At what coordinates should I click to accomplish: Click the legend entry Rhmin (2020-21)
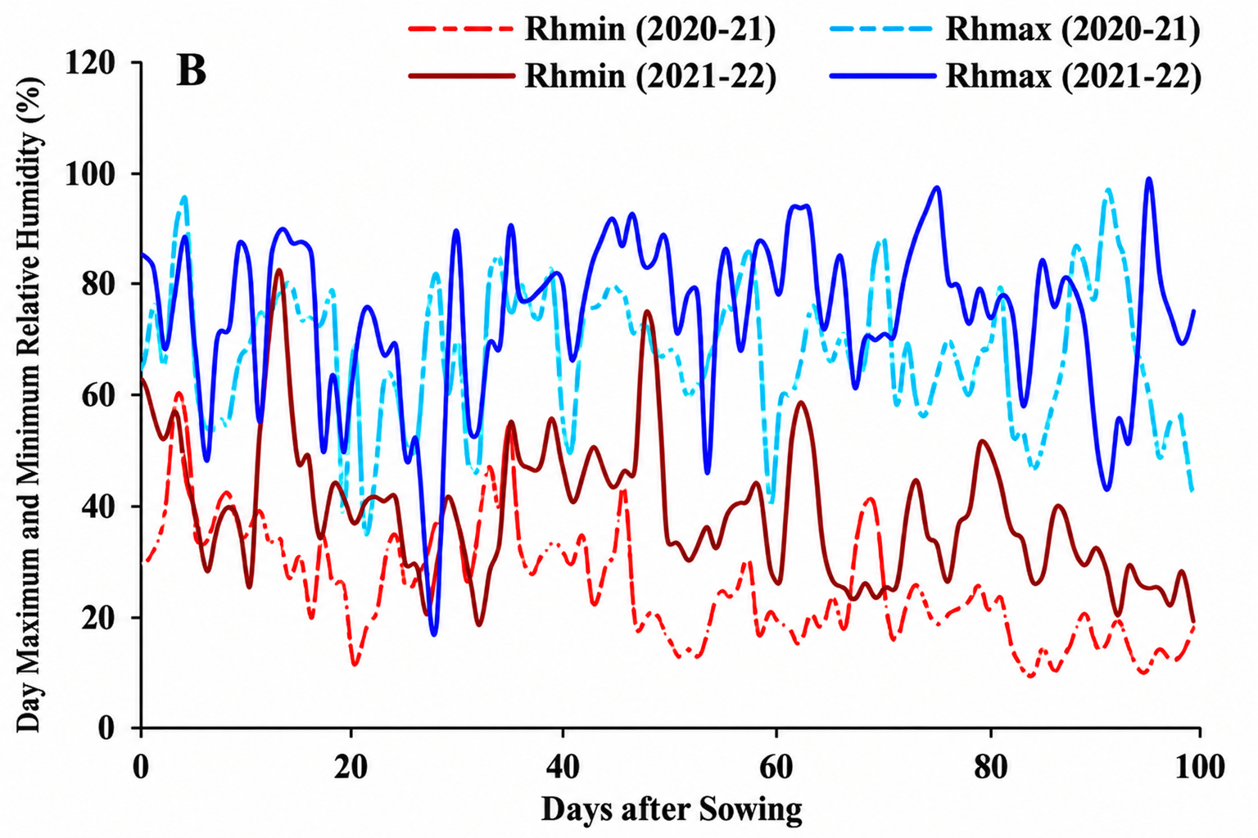pyautogui.click(x=592, y=29)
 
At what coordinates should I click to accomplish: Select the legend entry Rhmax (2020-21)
pyautogui.click(x=1016, y=29)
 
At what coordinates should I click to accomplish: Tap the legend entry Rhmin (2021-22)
pyautogui.click(x=592, y=75)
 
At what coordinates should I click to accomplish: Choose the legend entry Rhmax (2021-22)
pyautogui.click(x=1016, y=75)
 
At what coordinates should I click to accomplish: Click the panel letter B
pyautogui.click(x=191, y=72)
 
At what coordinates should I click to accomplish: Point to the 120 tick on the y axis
pyautogui.click(x=90, y=62)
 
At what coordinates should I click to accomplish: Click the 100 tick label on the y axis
pyautogui.click(x=90, y=173)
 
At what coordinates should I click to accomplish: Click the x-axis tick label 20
pyautogui.click(x=351, y=768)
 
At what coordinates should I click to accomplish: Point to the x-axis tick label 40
pyautogui.click(x=563, y=768)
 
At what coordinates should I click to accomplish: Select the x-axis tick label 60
pyautogui.click(x=776, y=768)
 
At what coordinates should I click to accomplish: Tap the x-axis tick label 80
pyautogui.click(x=991, y=768)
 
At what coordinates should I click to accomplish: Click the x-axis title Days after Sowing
pyautogui.click(x=672, y=810)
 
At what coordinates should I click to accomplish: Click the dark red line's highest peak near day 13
pyautogui.click(x=279, y=270)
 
